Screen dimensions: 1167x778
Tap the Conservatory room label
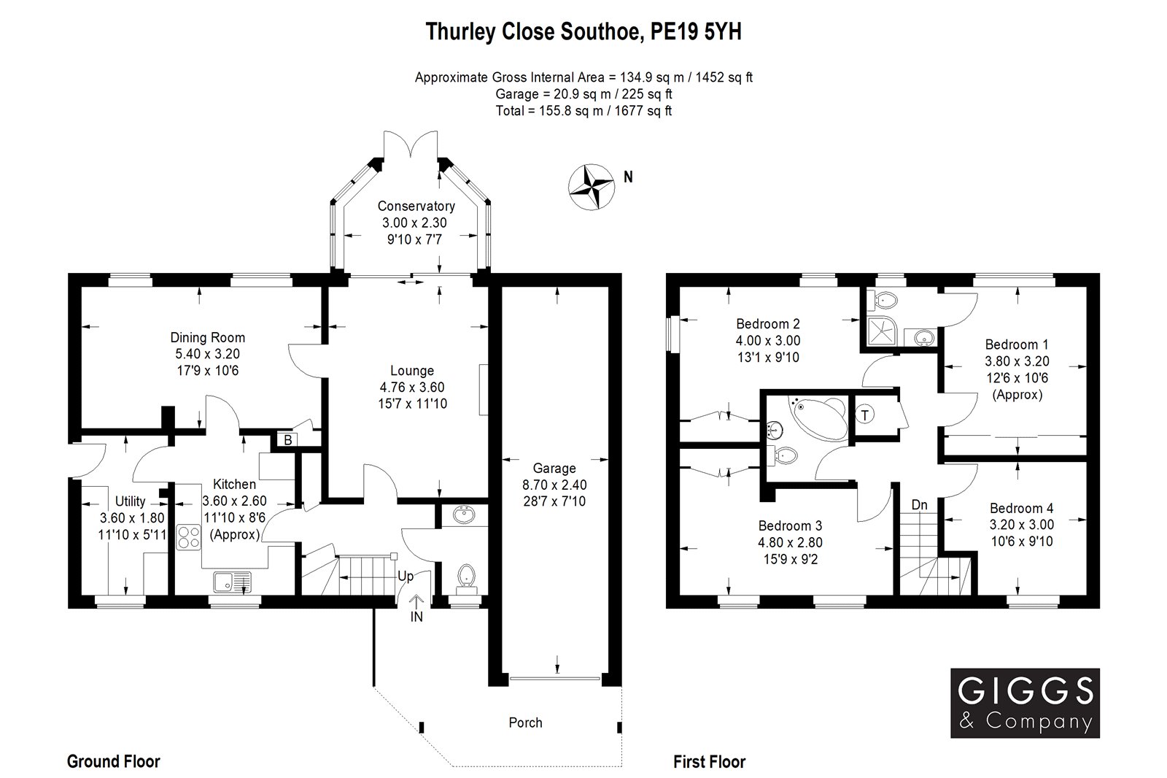(x=416, y=207)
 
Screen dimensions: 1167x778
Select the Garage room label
(x=554, y=469)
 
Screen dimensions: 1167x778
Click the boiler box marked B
(x=287, y=439)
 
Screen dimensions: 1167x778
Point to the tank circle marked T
(x=866, y=415)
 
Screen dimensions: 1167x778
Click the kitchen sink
(x=231, y=582)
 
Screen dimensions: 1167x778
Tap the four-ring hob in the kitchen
(x=189, y=537)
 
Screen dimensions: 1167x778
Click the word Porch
(x=525, y=723)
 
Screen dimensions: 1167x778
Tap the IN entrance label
(x=416, y=617)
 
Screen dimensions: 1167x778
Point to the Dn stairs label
(x=919, y=505)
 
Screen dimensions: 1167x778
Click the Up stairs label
(x=406, y=576)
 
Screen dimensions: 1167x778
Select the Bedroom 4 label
(x=1021, y=508)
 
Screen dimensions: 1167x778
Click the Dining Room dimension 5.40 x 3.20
(x=207, y=354)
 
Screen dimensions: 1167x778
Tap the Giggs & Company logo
(x=1024, y=703)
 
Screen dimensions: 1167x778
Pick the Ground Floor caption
(x=113, y=762)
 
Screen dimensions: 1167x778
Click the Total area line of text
(x=583, y=111)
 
